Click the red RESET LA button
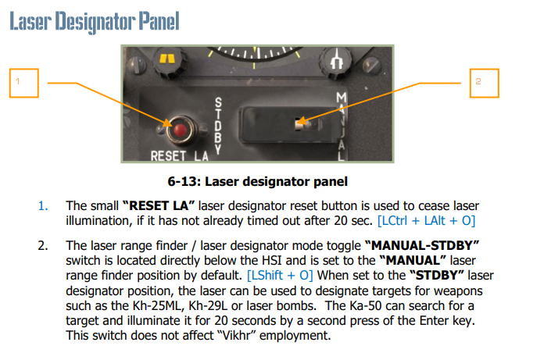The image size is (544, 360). click(180, 130)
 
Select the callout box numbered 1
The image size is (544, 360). click(24, 83)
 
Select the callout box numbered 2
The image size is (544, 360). click(485, 83)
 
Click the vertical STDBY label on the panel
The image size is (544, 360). click(218, 126)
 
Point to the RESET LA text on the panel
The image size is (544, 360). click(179, 156)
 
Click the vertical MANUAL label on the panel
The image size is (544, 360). click(342, 127)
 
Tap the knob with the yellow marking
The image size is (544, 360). click(167, 61)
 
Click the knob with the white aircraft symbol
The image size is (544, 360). click(335, 61)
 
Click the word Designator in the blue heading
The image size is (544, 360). click(95, 22)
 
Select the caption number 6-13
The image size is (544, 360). click(182, 181)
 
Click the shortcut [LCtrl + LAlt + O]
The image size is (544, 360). click(426, 221)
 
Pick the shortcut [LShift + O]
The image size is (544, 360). click(280, 276)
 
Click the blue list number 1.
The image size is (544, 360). click(43, 206)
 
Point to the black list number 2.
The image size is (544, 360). click(43, 246)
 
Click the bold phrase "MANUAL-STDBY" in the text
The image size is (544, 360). click(422, 246)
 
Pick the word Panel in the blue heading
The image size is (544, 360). click(159, 21)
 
